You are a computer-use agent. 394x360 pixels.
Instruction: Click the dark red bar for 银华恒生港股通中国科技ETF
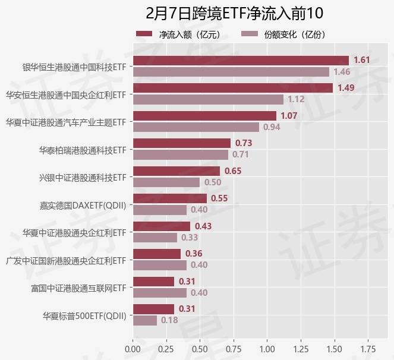[240, 61]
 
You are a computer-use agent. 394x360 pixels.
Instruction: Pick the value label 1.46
[341, 72]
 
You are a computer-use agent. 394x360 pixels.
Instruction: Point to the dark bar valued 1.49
[232, 88]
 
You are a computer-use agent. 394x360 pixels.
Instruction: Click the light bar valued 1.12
[207, 99]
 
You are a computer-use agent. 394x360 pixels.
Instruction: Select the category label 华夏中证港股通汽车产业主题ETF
[66, 122]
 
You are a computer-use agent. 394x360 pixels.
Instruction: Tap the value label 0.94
[271, 127]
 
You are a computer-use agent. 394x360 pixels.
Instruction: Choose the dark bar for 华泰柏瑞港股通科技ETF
[181, 143]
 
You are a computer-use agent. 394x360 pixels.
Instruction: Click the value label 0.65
[232, 171]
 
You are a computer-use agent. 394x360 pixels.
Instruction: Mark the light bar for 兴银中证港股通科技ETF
[166, 182]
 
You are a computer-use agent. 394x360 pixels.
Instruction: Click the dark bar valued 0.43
[161, 226]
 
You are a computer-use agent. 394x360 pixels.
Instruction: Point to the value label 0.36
[194, 254]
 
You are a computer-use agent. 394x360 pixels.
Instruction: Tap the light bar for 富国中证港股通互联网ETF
[159, 292]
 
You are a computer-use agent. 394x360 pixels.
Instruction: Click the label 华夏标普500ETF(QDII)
[84, 315]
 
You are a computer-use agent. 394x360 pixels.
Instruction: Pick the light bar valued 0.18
[144, 320]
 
